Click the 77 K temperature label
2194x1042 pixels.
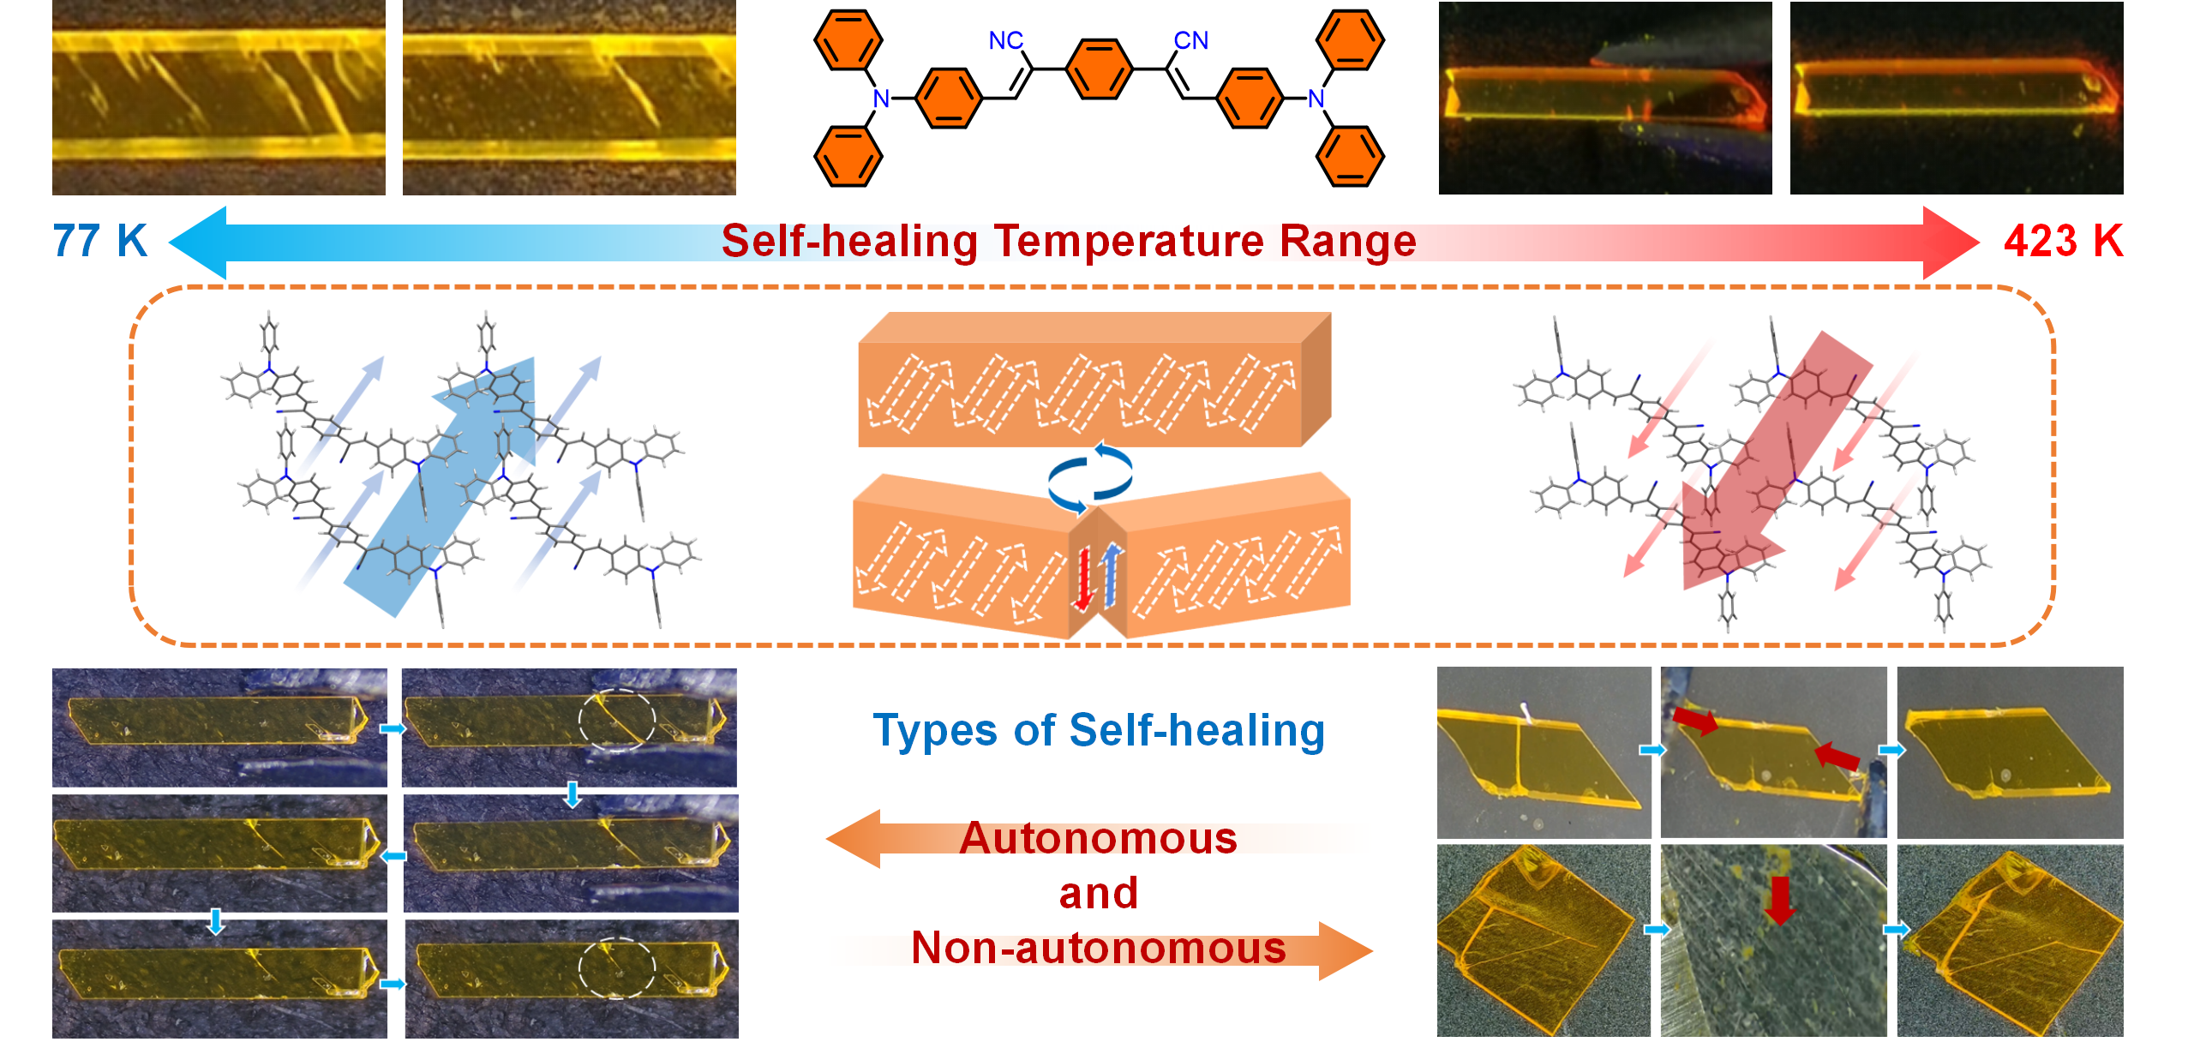(x=99, y=241)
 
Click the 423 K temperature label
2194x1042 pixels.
(x=2062, y=241)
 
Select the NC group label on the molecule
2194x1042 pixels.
(x=1005, y=40)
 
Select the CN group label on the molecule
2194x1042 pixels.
(x=1190, y=40)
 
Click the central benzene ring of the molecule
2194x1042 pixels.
(x=1099, y=69)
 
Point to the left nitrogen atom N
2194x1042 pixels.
(x=880, y=99)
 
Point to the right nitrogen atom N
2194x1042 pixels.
(x=1316, y=99)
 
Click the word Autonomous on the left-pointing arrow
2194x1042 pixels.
(x=1098, y=838)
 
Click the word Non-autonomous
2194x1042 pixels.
(x=1098, y=948)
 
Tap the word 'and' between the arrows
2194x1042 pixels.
(x=1098, y=893)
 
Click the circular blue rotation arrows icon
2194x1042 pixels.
(x=1090, y=476)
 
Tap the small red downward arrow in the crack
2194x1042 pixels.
(x=1083, y=579)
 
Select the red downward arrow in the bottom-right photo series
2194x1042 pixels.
(x=1780, y=900)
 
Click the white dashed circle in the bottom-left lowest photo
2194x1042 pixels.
(x=616, y=967)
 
